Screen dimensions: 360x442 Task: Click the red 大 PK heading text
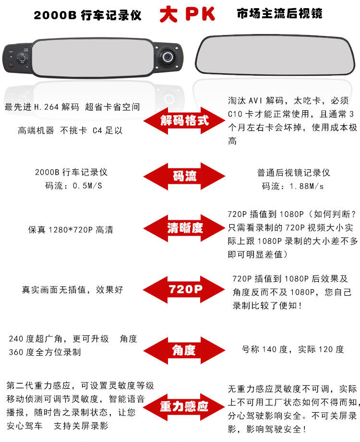(x=187, y=14)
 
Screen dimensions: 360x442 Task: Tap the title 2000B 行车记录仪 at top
(x=87, y=15)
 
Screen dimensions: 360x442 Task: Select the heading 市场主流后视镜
(x=279, y=13)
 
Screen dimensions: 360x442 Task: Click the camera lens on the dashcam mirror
(x=168, y=57)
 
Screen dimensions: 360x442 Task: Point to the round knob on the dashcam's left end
(x=22, y=59)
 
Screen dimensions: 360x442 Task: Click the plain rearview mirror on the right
(x=275, y=55)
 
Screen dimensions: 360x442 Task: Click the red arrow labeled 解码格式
(x=184, y=120)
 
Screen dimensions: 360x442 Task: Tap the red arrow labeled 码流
(x=184, y=177)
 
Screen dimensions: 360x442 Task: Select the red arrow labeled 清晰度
(x=184, y=228)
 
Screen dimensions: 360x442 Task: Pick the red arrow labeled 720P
(x=184, y=289)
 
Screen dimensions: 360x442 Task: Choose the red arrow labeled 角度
(x=184, y=350)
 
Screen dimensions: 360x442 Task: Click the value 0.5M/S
(x=87, y=186)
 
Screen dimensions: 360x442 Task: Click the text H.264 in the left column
(x=46, y=107)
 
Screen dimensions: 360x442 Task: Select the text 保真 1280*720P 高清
(x=71, y=230)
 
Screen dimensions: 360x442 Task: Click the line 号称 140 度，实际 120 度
(x=293, y=349)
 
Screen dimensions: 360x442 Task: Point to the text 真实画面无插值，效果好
(x=72, y=289)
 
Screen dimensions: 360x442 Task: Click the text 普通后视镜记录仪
(x=293, y=172)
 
